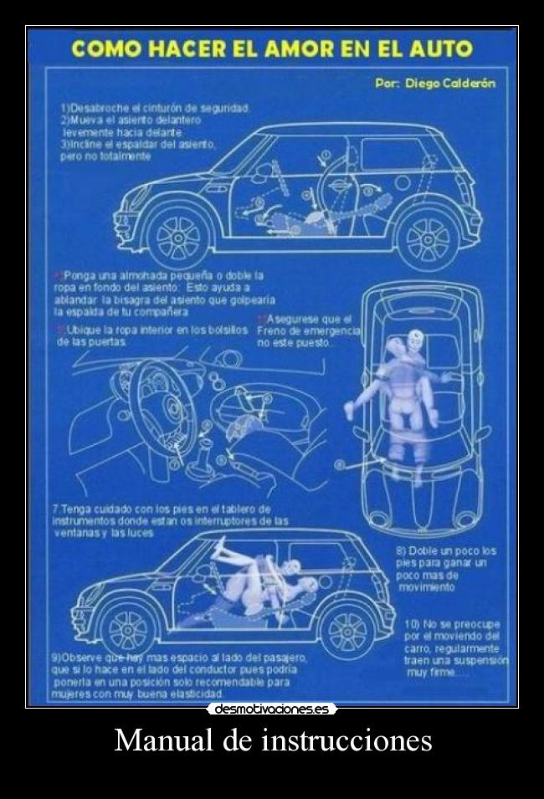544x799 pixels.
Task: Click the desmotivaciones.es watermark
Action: pyautogui.click(x=272, y=709)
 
